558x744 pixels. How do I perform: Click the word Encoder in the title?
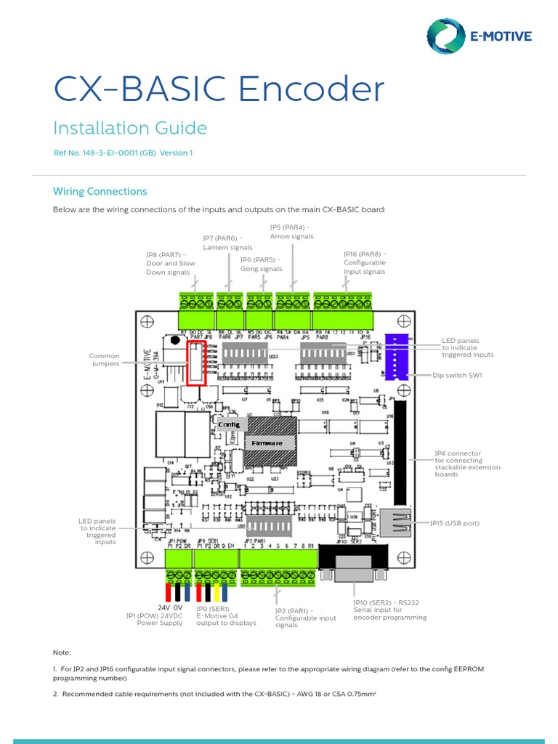(x=312, y=89)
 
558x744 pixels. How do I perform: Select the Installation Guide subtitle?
(x=130, y=129)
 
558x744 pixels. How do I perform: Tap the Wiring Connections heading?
(x=100, y=192)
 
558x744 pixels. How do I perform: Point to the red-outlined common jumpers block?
(x=197, y=363)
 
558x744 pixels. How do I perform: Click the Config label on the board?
(x=228, y=424)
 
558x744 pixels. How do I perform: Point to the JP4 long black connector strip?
(x=399, y=450)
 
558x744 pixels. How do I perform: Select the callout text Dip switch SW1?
(x=458, y=376)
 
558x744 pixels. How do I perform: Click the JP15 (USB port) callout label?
(x=454, y=523)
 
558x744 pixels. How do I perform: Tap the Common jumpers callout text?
(x=104, y=360)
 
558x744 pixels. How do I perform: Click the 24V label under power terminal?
(x=164, y=607)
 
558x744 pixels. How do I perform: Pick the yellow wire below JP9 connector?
(x=216, y=590)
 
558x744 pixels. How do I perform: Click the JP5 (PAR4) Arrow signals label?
(x=291, y=232)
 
